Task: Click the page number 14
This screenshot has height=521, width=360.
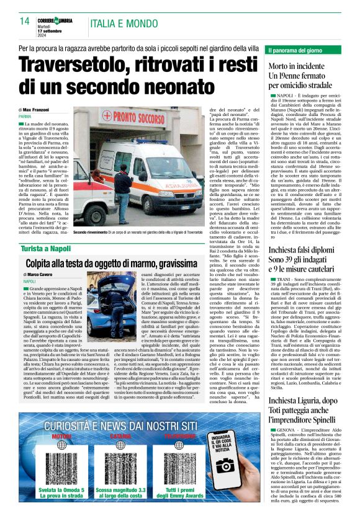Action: (x=25, y=20)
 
